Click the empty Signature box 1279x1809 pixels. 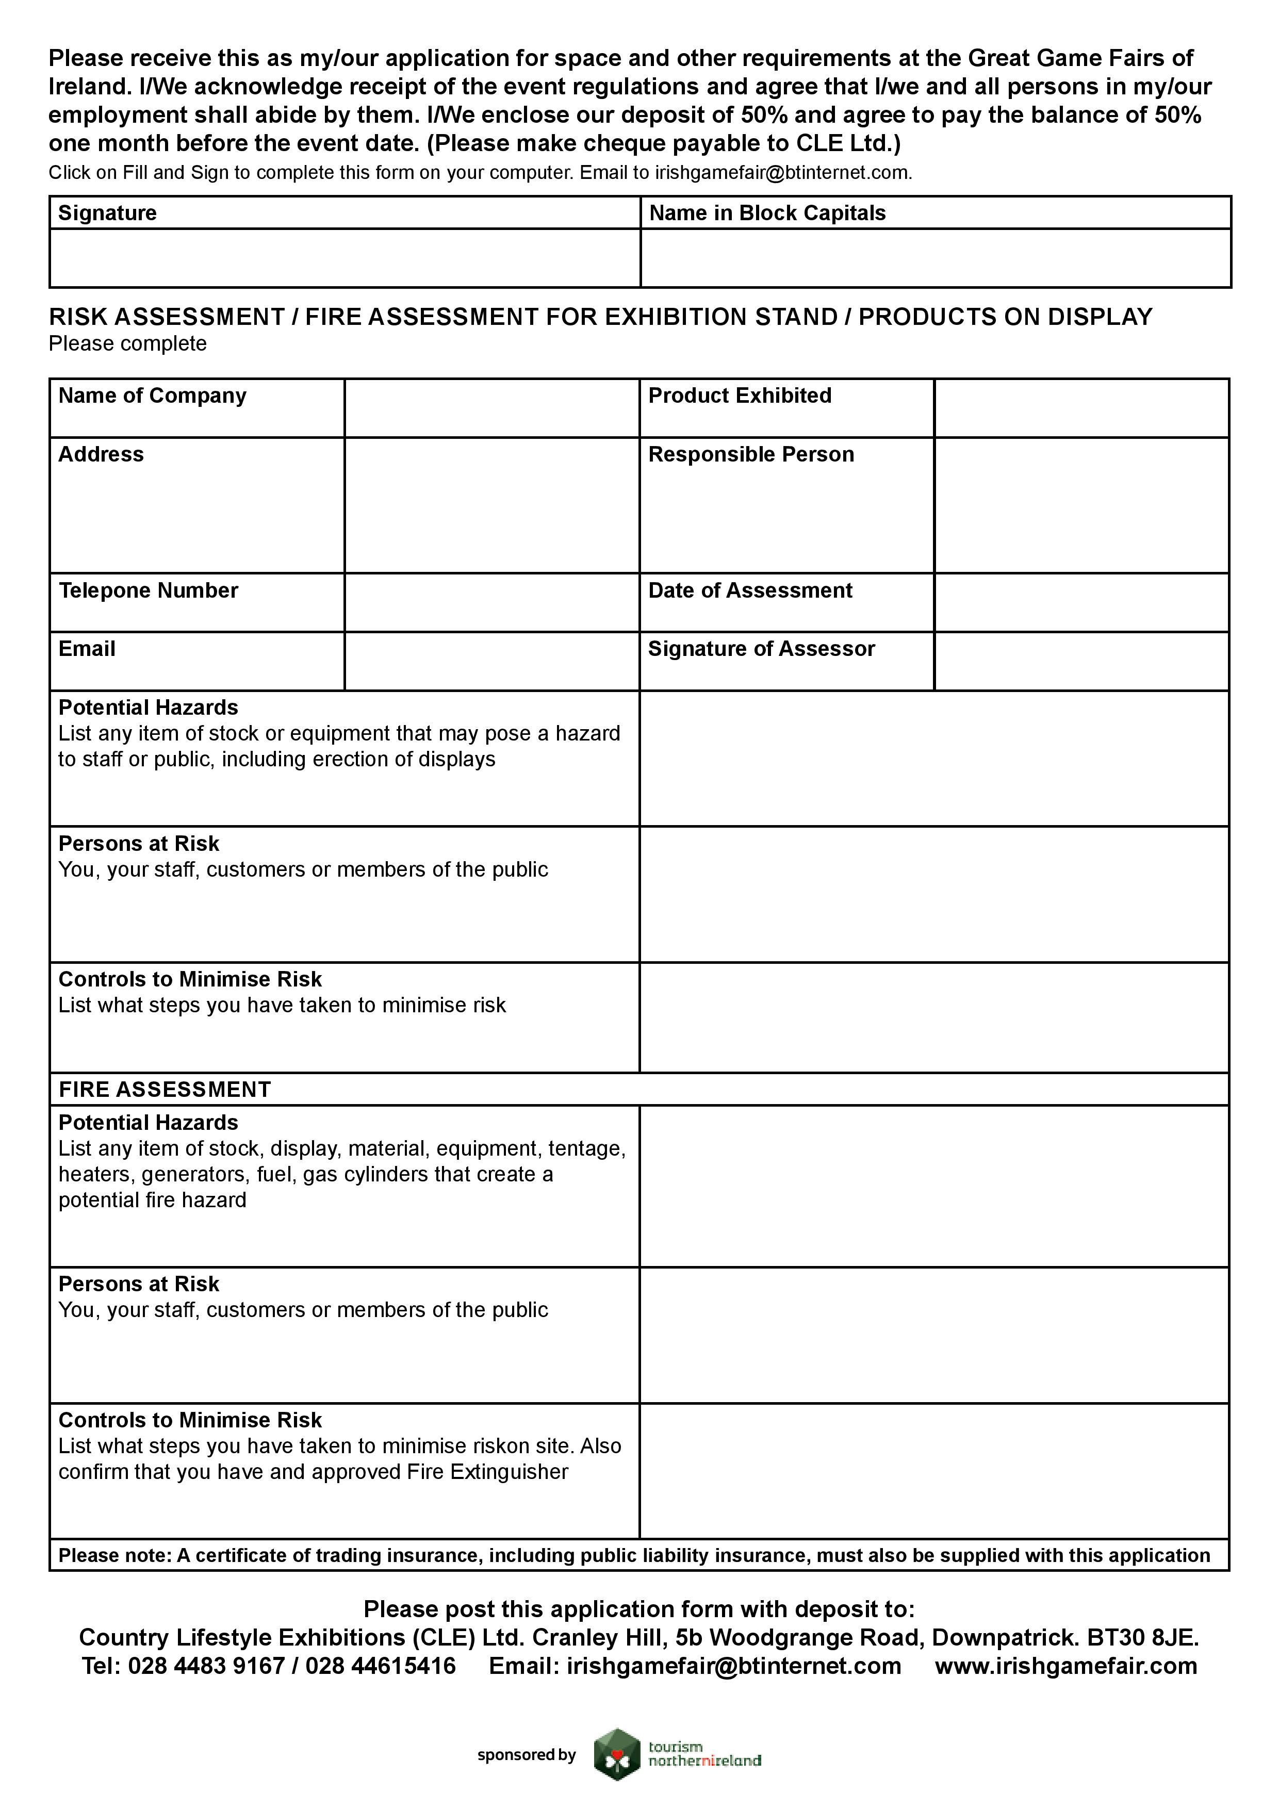coord(345,258)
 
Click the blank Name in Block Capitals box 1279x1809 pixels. coord(936,258)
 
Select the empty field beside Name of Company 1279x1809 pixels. coord(491,407)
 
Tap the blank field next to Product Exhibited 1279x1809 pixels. coord(1081,407)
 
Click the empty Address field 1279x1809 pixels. coord(491,505)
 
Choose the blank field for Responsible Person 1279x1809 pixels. coord(1081,505)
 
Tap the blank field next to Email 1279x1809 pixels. coord(491,661)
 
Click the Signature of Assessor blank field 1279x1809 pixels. coord(1081,661)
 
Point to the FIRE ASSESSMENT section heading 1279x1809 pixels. coord(165,1090)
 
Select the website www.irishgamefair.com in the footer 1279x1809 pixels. coord(1065,1666)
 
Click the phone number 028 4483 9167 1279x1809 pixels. coord(206,1666)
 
